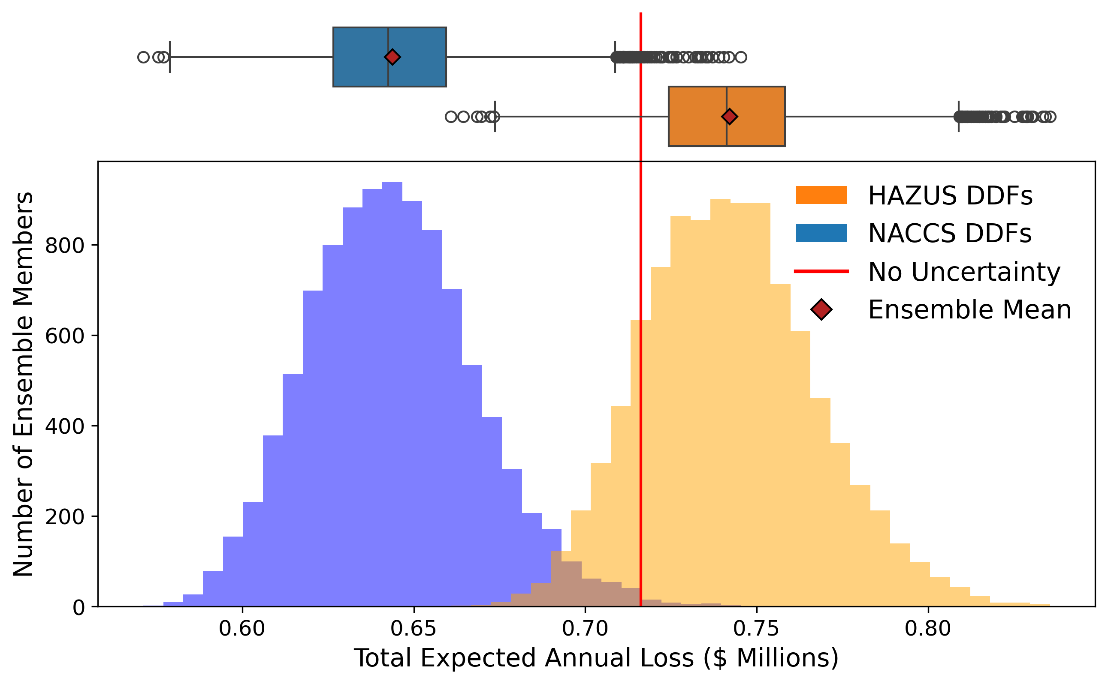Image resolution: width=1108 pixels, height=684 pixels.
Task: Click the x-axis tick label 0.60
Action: tap(242, 629)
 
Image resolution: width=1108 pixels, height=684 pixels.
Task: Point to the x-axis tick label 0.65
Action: tap(414, 629)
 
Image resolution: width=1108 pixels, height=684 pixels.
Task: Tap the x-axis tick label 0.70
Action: tap(585, 629)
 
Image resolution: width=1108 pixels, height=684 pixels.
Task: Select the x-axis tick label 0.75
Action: tap(756, 629)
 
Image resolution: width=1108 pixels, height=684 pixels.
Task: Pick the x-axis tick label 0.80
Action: tap(928, 629)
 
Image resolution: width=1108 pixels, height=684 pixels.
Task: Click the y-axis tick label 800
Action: tap(65, 246)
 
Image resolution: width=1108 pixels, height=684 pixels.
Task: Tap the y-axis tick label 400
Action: tap(65, 426)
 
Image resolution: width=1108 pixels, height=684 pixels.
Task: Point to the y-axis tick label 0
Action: tap(79, 608)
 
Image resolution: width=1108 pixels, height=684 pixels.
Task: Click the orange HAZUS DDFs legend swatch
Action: tap(821, 195)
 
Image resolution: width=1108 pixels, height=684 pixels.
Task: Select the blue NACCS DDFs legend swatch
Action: tap(821, 233)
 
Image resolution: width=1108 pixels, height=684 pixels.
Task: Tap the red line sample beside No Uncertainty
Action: tap(821, 271)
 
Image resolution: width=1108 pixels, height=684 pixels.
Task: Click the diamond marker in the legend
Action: tap(821, 309)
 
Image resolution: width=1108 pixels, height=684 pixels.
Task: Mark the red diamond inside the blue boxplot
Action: tap(392, 57)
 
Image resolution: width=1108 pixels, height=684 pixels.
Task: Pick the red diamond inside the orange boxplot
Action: tap(729, 116)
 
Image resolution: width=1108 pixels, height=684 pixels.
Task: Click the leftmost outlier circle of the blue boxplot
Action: tap(144, 57)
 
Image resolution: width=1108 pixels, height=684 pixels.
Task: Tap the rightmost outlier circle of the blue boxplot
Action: tap(741, 57)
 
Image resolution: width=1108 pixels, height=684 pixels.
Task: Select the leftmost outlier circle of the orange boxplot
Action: tap(451, 117)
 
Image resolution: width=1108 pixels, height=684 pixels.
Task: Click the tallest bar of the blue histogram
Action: tap(392, 393)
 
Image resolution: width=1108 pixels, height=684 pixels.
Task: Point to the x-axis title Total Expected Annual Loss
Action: tap(596, 658)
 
